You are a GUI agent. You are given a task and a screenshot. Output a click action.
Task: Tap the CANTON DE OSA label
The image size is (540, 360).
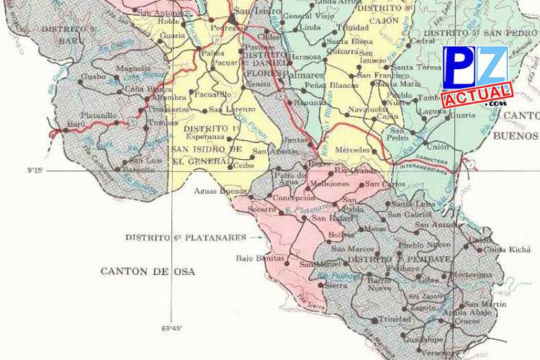[148, 271]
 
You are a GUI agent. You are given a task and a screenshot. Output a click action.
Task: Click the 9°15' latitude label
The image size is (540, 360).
[37, 171]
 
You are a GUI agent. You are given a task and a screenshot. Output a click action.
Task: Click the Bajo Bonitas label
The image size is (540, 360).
[256, 257]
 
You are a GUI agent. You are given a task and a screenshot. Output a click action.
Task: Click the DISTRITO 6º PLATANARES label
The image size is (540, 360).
[185, 237]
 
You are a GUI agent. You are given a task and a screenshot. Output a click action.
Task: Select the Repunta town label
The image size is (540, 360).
[310, 103]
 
